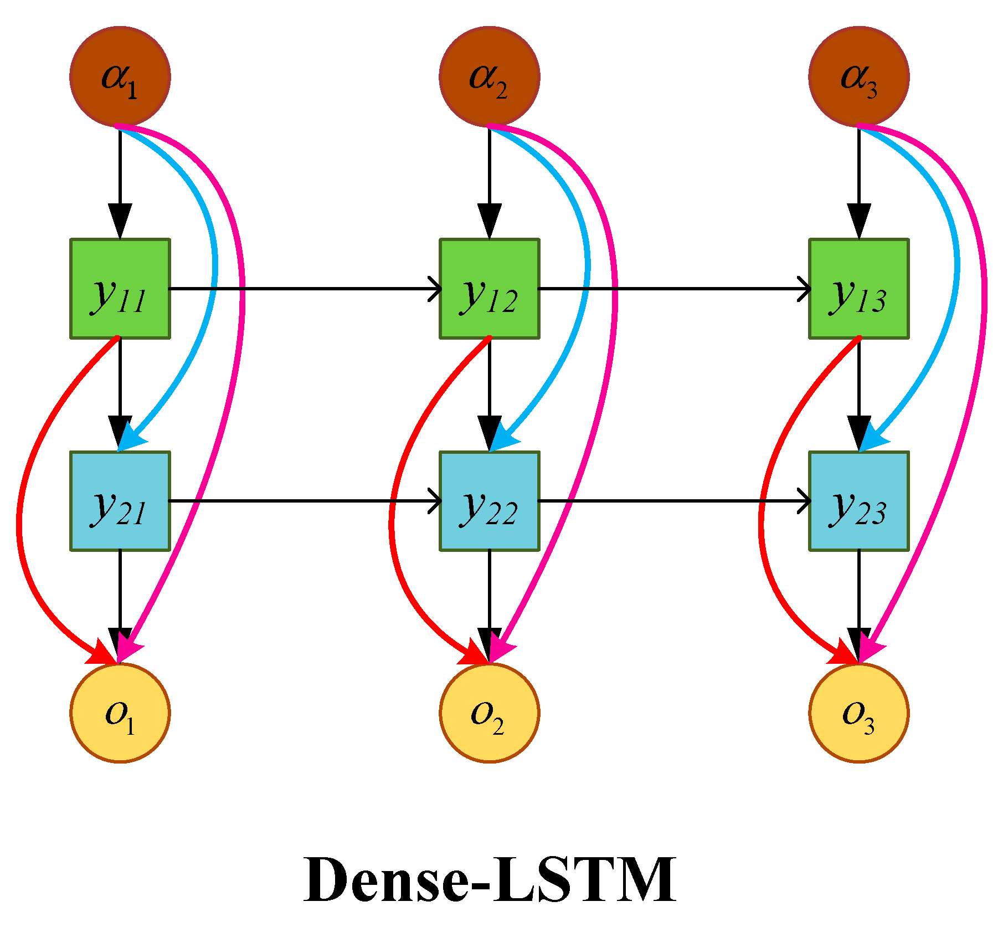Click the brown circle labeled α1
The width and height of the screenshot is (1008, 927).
[x=120, y=76]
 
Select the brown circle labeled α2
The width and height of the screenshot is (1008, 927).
[x=489, y=76]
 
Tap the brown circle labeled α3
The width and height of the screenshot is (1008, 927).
[x=858, y=76]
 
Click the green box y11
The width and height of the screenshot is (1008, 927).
[x=120, y=289]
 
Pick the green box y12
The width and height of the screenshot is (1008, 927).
[x=489, y=289]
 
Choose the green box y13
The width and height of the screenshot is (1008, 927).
[x=858, y=289]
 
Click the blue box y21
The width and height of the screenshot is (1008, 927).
[x=120, y=501]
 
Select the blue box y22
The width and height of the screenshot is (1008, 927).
[x=489, y=501]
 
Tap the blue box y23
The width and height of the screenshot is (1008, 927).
[x=858, y=501]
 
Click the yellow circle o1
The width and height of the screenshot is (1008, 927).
[x=120, y=713]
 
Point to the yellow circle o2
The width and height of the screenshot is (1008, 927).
[x=489, y=713]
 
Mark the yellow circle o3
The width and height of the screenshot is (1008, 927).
[x=858, y=713]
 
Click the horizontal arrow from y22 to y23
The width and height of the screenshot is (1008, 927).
[x=665, y=501]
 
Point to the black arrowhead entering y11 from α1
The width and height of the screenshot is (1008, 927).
[x=120, y=221]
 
